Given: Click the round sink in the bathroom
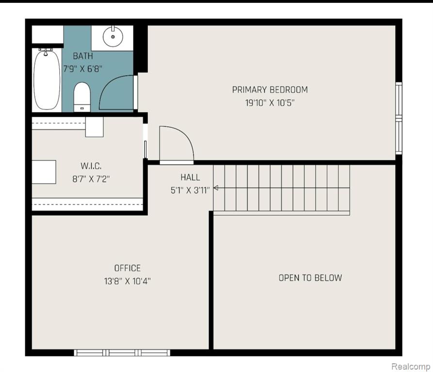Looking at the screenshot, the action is (x=112, y=36).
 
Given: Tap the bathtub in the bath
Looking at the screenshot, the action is (x=47, y=79).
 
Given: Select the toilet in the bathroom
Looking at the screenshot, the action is (x=82, y=97).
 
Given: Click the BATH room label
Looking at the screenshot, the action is (x=83, y=56).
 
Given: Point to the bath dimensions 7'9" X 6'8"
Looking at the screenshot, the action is (x=83, y=69).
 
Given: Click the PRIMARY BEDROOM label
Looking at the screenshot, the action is (x=270, y=90).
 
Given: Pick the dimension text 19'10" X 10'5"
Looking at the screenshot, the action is (x=270, y=103).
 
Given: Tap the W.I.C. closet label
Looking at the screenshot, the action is (x=91, y=166).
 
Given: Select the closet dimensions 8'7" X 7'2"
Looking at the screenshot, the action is (x=91, y=179).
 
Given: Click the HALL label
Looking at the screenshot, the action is (x=190, y=177).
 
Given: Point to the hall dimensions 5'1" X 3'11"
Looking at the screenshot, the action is (x=190, y=190).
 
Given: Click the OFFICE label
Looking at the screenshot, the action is (x=128, y=268).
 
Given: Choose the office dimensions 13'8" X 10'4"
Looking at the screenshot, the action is (x=128, y=281).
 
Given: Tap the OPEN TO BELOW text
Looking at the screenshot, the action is (x=310, y=278).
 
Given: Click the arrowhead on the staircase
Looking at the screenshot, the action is (x=216, y=188).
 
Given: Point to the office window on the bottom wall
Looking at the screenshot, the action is (x=122, y=353).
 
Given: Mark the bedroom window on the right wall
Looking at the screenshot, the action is (x=399, y=118).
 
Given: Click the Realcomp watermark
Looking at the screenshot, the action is (x=411, y=367).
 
